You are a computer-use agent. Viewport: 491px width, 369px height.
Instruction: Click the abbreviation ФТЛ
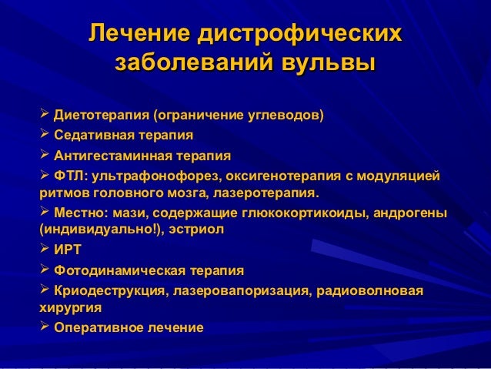point(68,177)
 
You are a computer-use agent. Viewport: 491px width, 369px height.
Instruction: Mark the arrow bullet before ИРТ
point(44,250)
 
